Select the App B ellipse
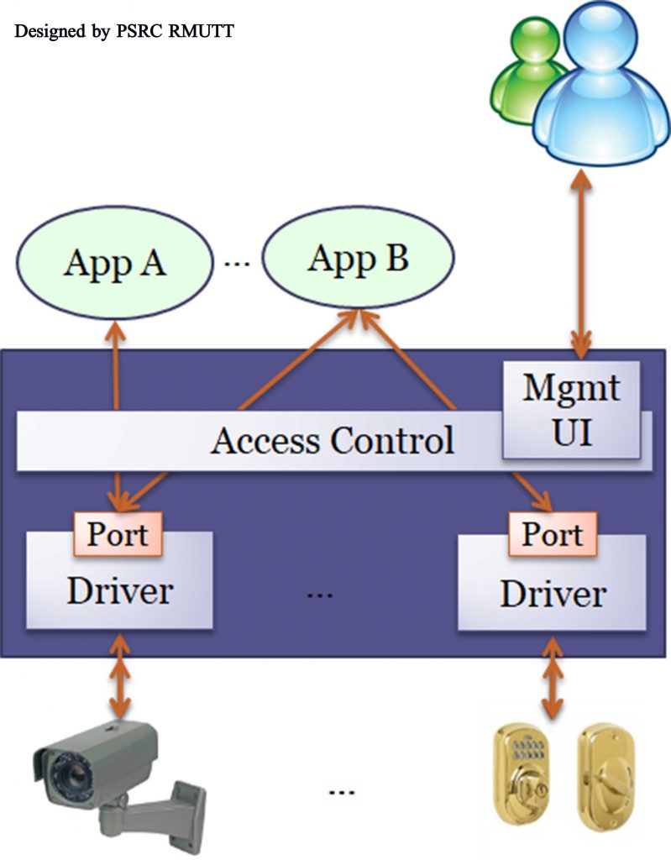pyautogui.click(x=359, y=259)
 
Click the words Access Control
pyautogui.click(x=333, y=440)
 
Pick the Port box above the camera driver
pyautogui.click(x=118, y=534)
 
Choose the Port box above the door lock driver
pyautogui.click(x=552, y=534)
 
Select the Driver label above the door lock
pyautogui.click(x=553, y=595)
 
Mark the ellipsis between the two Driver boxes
pyautogui.click(x=320, y=595)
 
